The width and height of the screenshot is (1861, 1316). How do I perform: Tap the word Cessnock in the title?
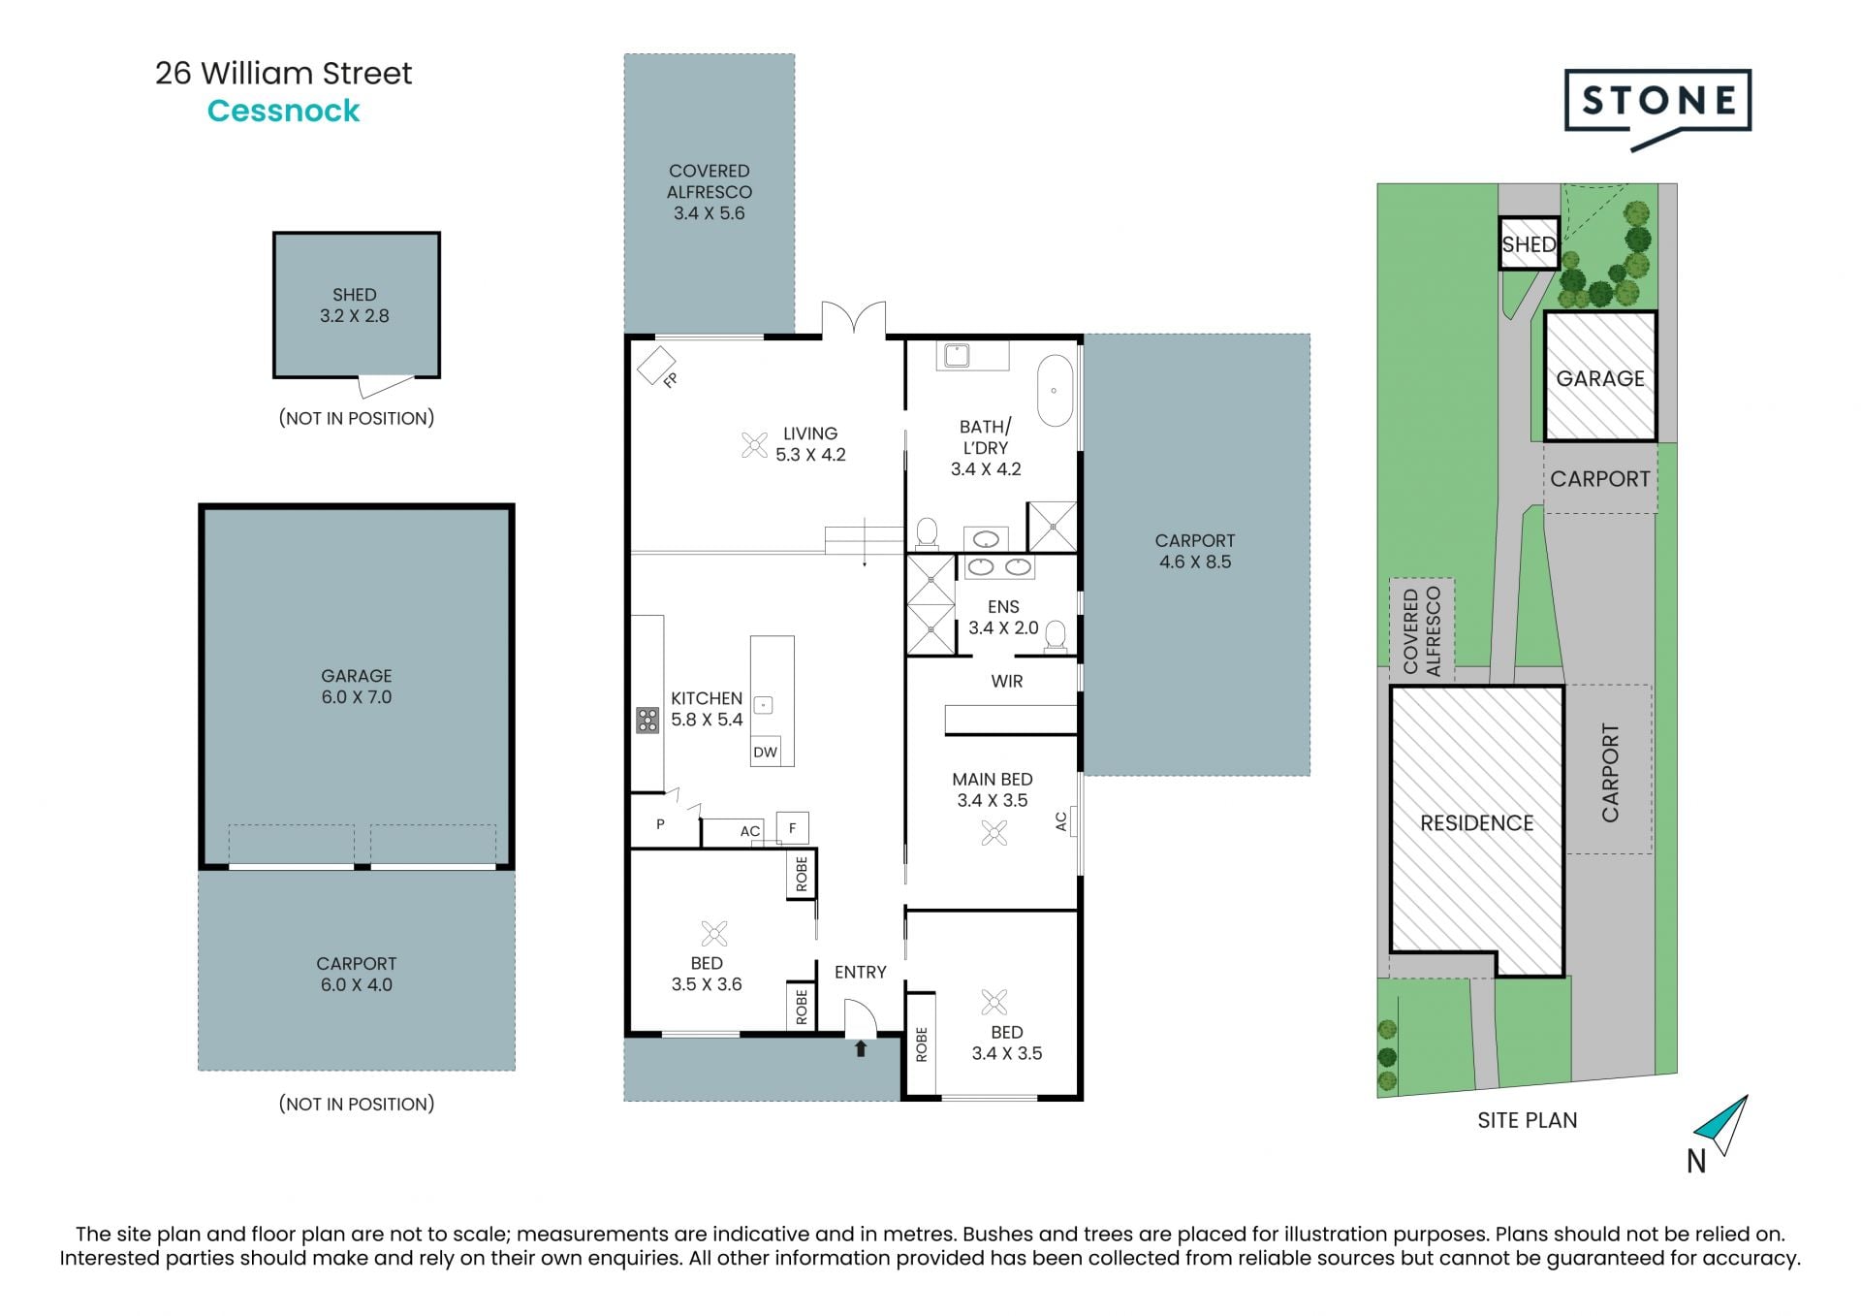pyautogui.click(x=283, y=111)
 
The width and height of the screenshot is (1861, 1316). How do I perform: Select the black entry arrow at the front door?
pyautogui.click(x=860, y=1048)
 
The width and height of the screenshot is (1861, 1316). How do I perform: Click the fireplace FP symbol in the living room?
pyautogui.click(x=656, y=366)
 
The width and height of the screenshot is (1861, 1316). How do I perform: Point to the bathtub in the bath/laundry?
pyautogui.click(x=1056, y=391)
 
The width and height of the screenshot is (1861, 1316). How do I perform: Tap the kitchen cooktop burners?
pyautogui.click(x=647, y=720)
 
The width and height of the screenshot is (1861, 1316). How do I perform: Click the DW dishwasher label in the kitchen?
pyautogui.click(x=766, y=752)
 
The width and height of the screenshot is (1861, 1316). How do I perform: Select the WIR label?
pyautogui.click(x=1007, y=681)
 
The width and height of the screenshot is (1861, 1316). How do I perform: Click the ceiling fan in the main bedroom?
pyautogui.click(x=994, y=833)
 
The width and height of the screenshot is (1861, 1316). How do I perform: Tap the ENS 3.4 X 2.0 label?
pyautogui.click(x=1003, y=617)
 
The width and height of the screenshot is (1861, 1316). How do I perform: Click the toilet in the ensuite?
pyautogui.click(x=1056, y=634)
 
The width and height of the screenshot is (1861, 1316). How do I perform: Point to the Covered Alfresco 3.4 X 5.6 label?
pyautogui.click(x=710, y=192)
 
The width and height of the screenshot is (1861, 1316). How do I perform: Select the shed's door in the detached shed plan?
pyautogui.click(x=385, y=385)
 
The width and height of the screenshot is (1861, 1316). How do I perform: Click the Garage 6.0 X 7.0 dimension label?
pyautogui.click(x=357, y=687)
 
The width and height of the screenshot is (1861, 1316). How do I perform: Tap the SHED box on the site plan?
pyautogui.click(x=1529, y=243)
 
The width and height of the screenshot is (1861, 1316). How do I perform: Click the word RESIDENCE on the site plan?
pyautogui.click(x=1477, y=823)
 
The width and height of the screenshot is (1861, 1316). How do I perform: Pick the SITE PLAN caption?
pyautogui.click(x=1528, y=1120)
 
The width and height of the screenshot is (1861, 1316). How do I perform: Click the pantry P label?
pyautogui.click(x=660, y=824)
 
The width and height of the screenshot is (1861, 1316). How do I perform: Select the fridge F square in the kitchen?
pyautogui.click(x=793, y=827)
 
